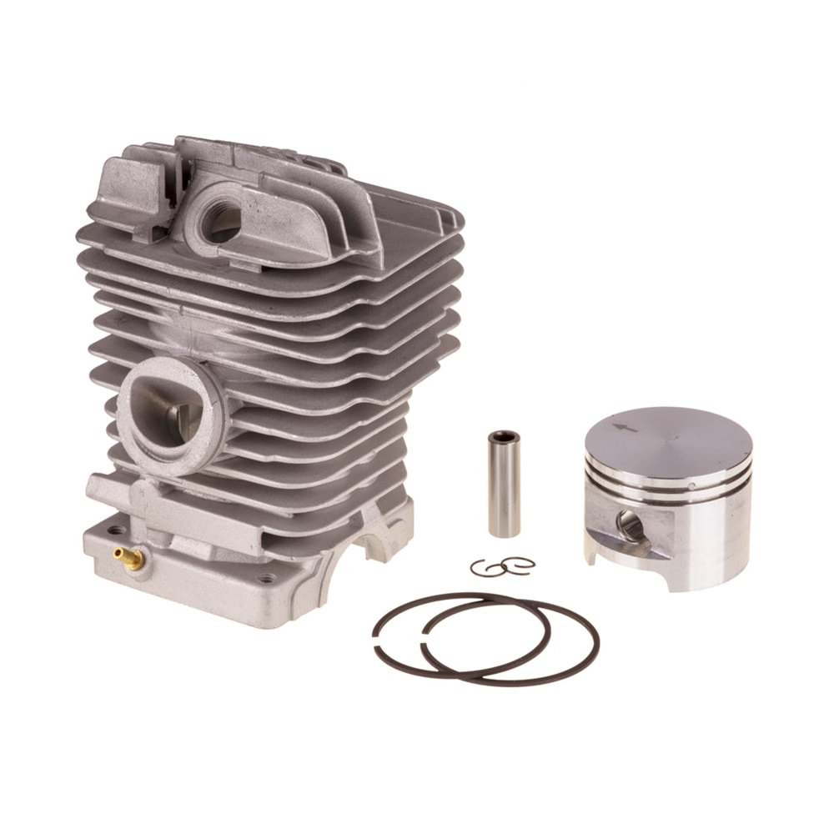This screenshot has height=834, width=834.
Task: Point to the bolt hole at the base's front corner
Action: point(266,577)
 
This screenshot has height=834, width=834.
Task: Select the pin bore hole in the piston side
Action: point(630,525)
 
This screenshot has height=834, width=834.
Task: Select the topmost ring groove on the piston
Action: point(667,477)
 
